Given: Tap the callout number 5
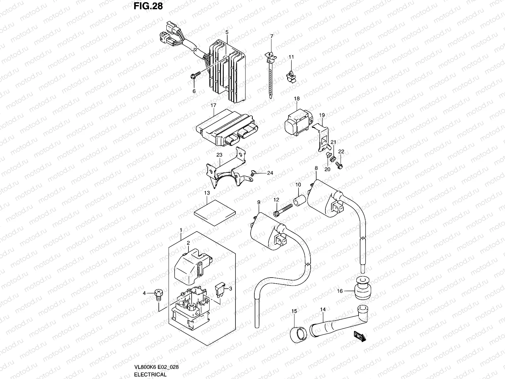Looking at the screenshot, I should click(x=227, y=32).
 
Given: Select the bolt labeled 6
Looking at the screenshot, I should click(x=195, y=75).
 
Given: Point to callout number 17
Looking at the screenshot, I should click(x=213, y=106).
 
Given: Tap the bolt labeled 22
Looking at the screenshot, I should click(x=339, y=165).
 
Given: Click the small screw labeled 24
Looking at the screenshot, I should click(x=253, y=172).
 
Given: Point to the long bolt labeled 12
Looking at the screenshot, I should click(x=284, y=210).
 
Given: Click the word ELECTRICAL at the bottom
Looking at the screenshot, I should click(x=150, y=375).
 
